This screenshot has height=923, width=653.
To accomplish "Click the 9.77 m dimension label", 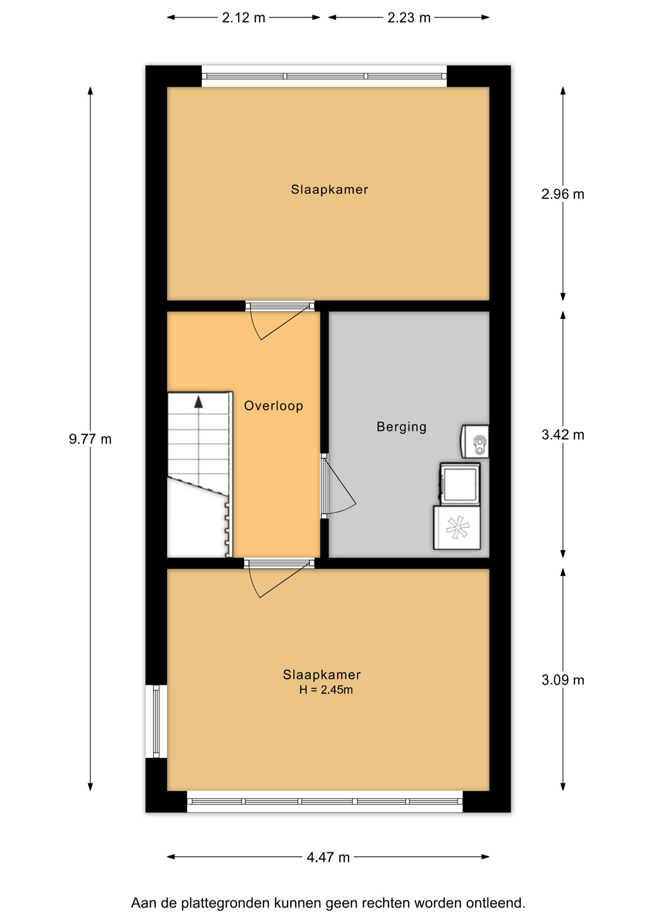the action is coord(90,439).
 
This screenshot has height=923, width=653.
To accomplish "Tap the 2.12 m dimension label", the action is coord(243,18).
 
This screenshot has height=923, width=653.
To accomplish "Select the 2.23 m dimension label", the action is coord(409,18).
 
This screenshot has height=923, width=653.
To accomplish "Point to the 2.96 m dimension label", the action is coord(563,194).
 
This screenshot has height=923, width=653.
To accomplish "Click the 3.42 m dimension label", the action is coord(563,435).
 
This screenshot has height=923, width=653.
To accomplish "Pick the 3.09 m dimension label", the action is coord(563,680).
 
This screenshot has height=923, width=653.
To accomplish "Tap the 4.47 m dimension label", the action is coord(328,857).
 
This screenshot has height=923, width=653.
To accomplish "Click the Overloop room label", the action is coord(274,406).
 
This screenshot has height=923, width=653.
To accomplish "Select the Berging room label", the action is coord(402,427).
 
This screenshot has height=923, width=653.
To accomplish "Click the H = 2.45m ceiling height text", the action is coord(326,690).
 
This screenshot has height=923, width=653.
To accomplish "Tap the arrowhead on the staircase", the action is coord(199,402).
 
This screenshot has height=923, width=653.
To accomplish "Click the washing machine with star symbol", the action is coord(457,527).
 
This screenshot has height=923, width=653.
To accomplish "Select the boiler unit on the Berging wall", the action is coord(475,441).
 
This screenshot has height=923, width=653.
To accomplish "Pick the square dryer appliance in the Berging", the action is coord(460,484).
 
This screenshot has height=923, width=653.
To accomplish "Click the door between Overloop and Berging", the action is coord(338,486).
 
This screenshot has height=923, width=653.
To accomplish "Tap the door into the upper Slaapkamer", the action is coord(280,321).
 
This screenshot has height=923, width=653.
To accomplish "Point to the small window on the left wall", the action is coord(156,721).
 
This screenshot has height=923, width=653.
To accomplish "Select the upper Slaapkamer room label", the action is coord(329,189).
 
